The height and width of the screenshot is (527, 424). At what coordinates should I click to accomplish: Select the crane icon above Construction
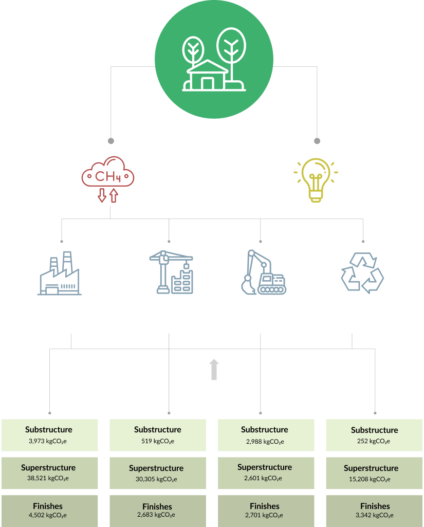tap(170, 272)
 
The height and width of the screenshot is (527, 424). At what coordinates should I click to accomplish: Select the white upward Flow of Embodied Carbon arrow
tap(214, 369)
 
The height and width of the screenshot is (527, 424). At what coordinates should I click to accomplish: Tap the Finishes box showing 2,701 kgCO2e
tap(265, 511)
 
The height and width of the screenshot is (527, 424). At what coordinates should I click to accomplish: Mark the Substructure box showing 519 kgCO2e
tap(158, 435)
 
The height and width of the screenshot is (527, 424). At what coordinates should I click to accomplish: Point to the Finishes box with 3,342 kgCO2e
tap(375, 511)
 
